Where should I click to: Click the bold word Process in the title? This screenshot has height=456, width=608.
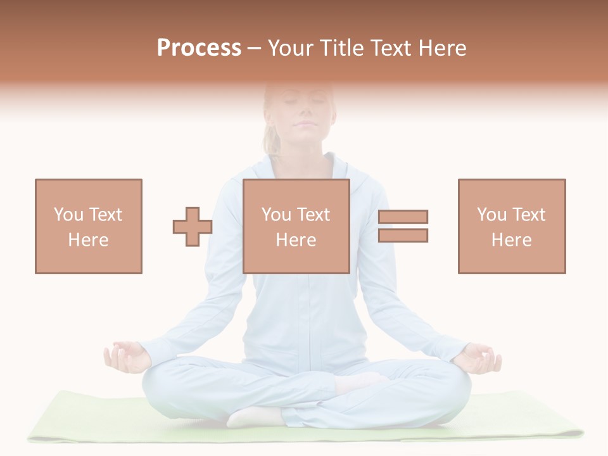pos(199,48)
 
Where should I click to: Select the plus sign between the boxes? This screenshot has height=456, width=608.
pos(193,227)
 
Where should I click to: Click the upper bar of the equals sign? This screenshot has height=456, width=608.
pos(403,217)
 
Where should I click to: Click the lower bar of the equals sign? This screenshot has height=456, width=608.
pos(403,236)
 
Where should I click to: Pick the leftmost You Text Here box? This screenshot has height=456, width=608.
pos(89,226)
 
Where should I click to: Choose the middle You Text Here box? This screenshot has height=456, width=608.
pos(296,226)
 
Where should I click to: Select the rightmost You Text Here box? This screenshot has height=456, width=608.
pos(512,226)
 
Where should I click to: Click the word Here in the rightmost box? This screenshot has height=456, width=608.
pos(512,240)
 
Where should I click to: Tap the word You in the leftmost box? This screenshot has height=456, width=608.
pos(68,215)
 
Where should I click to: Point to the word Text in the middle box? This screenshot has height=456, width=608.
pos(312,215)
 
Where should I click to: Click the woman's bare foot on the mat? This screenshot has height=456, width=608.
pos(253,417)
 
